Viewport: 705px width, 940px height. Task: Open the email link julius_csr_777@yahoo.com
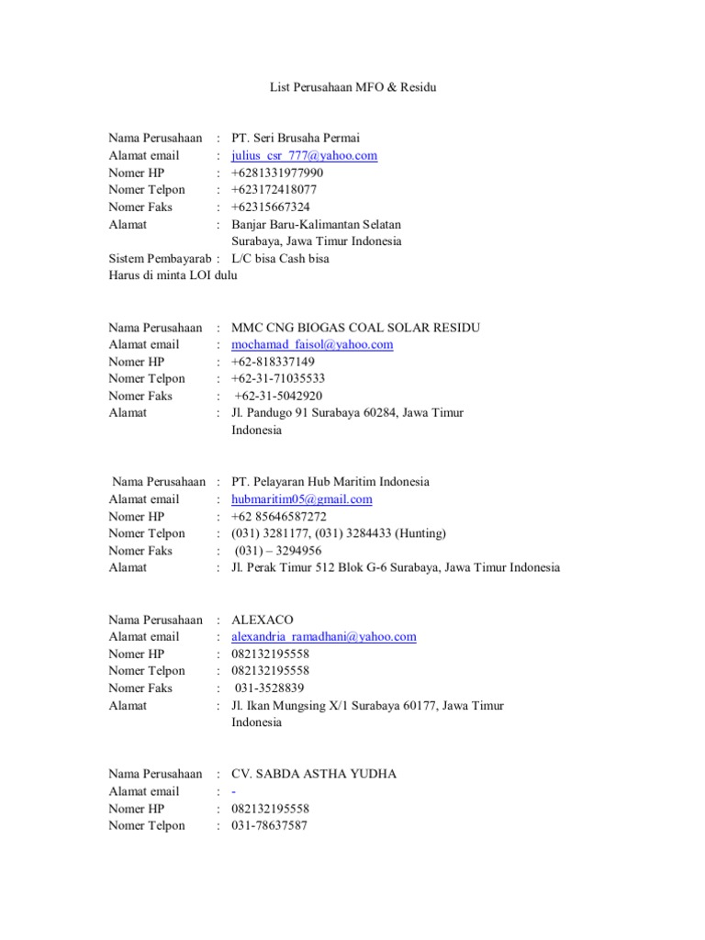(x=304, y=156)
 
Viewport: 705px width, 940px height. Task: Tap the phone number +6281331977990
(x=277, y=173)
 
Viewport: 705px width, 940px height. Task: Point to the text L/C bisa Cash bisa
(x=280, y=259)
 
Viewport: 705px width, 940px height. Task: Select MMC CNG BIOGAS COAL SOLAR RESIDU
(x=355, y=328)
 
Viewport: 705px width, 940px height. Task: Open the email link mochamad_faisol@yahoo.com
(x=312, y=345)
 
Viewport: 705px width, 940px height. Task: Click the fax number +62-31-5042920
(x=279, y=397)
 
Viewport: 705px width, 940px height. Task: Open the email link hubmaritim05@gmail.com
(x=302, y=499)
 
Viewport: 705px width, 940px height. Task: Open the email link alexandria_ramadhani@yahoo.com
(x=324, y=637)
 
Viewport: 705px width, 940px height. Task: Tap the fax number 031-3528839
(x=270, y=688)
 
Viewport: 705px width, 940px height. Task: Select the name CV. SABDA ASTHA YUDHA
(x=314, y=774)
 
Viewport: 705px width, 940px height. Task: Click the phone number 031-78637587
(x=269, y=825)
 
